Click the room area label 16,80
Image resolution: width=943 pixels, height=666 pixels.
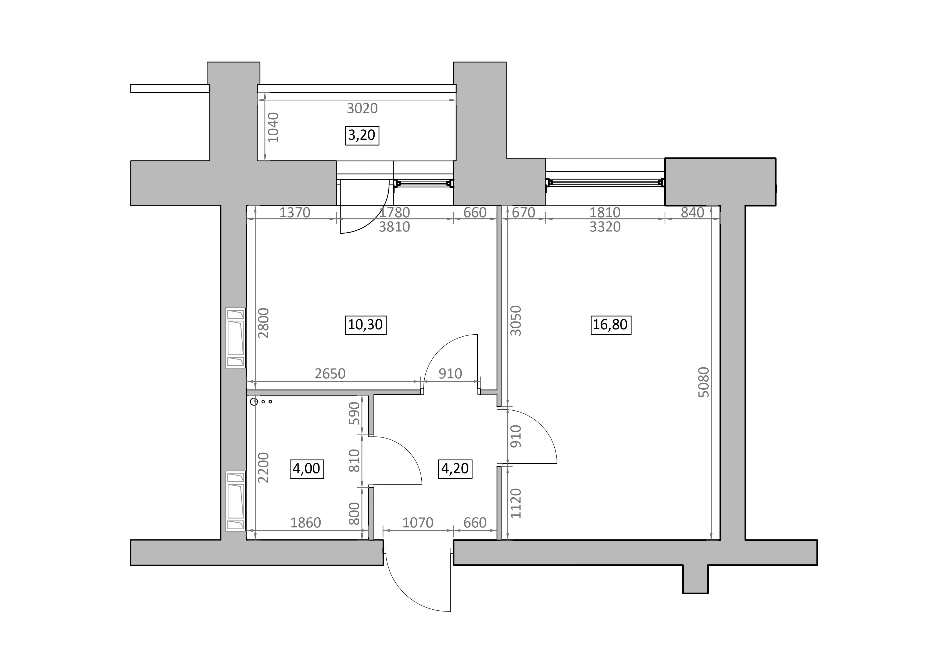610,325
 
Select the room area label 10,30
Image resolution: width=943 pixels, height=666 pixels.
365,325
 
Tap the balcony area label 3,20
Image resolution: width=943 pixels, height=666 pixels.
362,135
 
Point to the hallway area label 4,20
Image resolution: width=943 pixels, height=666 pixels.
455,468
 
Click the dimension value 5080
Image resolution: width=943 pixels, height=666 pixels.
704,382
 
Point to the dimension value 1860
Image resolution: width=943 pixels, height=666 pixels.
306,523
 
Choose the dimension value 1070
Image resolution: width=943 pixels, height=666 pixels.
418,523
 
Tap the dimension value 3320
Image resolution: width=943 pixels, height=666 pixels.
605,226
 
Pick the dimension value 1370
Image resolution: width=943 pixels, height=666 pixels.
295,213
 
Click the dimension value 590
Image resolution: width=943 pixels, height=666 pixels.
354,413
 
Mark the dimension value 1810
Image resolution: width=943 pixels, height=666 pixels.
605,213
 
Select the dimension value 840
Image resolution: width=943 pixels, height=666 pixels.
693,213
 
